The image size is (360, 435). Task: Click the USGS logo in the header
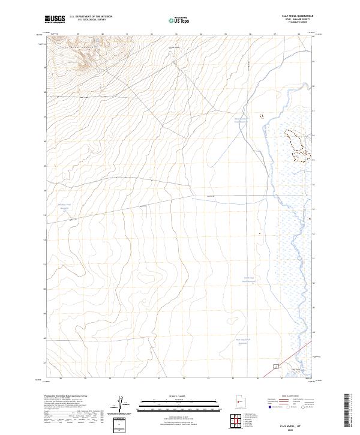coord(55,20)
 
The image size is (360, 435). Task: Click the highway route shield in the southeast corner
coord(275,365)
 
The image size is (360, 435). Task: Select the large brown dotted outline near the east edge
coord(296,145)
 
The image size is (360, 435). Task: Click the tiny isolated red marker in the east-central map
coord(259,233)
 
